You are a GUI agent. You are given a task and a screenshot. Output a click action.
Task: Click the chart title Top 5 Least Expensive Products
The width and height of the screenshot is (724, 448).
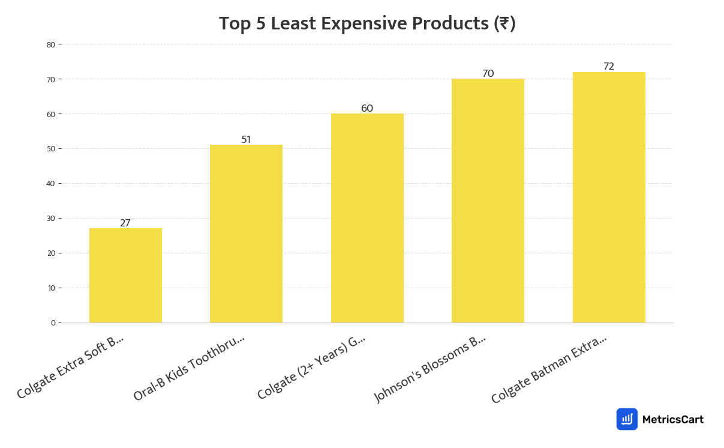pyautogui.click(x=367, y=24)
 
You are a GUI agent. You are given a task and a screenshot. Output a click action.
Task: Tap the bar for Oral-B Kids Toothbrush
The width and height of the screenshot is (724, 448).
pyautogui.click(x=246, y=234)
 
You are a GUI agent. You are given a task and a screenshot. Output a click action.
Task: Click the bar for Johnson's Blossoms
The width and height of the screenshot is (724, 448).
pyautogui.click(x=488, y=201)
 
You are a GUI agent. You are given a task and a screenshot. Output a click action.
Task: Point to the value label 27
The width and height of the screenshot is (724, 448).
pyautogui.click(x=125, y=223)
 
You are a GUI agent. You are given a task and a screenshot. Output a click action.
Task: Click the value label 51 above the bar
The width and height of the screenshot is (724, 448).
pyautogui.click(x=246, y=140)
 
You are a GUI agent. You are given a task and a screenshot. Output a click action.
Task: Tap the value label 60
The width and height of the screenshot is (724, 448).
pyautogui.click(x=367, y=109)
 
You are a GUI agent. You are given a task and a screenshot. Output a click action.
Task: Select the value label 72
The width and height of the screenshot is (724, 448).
pyautogui.click(x=609, y=67)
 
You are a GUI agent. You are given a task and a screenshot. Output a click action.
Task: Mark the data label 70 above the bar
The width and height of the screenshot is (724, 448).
pyautogui.click(x=488, y=74)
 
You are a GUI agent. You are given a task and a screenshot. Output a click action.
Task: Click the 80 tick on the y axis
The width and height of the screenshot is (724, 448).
pyautogui.click(x=51, y=44)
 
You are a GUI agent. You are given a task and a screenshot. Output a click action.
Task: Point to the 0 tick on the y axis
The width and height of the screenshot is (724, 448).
pyautogui.click(x=53, y=323)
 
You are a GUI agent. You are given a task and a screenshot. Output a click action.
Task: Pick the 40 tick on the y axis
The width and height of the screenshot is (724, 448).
pyautogui.click(x=51, y=184)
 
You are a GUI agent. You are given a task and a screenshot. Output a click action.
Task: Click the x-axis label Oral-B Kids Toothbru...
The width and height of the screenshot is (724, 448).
pyautogui.click(x=189, y=367)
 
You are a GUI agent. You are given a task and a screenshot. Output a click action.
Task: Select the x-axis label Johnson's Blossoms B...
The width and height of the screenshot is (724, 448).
pyautogui.click(x=429, y=368)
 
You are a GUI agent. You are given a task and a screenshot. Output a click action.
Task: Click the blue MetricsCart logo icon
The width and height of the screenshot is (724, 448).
pyautogui.click(x=627, y=419)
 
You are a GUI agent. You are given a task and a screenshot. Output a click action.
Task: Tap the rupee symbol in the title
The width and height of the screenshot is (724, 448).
pyautogui.click(x=503, y=24)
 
